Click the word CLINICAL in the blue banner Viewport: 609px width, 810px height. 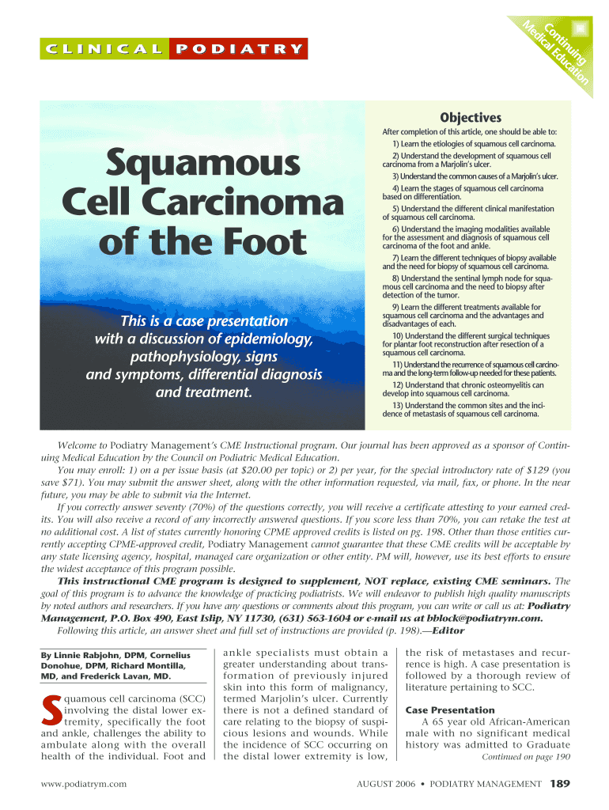[104, 48]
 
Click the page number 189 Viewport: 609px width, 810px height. [559, 784]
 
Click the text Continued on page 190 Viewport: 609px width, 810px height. [526, 756]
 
